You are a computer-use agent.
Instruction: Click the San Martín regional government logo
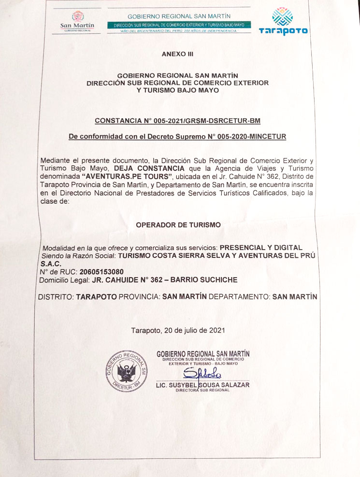(77, 21)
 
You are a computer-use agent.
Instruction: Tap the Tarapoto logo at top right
(283, 22)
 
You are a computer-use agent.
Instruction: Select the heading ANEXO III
(177, 54)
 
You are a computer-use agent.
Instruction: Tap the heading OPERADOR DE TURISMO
(178, 225)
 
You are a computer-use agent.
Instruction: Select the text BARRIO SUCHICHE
(206, 280)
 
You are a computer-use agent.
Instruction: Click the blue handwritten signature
(203, 373)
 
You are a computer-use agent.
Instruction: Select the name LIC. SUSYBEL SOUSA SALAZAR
(202, 385)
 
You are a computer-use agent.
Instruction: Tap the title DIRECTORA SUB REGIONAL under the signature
(202, 390)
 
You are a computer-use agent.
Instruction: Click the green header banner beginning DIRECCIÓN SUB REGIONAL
(179, 25)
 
